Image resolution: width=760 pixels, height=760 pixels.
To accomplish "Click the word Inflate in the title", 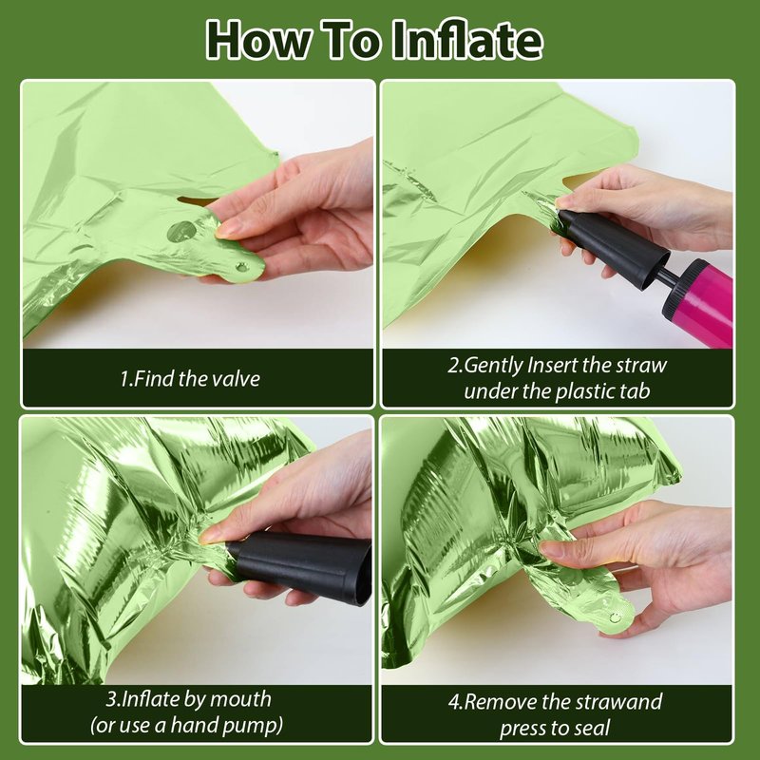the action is click(x=466, y=40).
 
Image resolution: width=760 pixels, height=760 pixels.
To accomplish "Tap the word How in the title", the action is click(x=258, y=40).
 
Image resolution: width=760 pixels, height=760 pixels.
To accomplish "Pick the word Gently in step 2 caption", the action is click(x=493, y=366).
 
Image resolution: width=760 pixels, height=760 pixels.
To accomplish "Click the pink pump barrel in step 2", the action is click(x=703, y=303).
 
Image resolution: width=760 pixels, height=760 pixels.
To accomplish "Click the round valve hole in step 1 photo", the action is click(x=181, y=232).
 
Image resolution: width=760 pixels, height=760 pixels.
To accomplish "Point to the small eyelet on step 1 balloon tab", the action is click(x=241, y=267).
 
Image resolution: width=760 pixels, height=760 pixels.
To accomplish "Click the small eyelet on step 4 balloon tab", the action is click(x=615, y=617).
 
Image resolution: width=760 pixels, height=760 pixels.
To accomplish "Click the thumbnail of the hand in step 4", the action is click(x=552, y=549).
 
